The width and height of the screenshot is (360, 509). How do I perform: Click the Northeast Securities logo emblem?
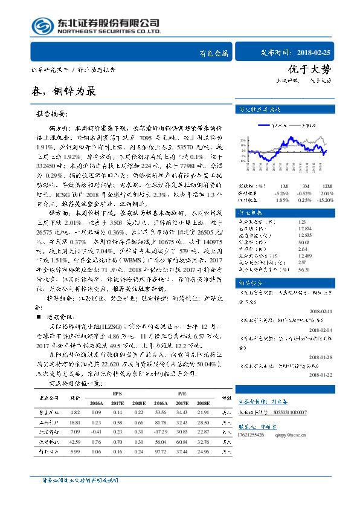click(x=40, y=27)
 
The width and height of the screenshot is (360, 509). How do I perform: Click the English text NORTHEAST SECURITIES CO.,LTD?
click(x=108, y=32)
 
